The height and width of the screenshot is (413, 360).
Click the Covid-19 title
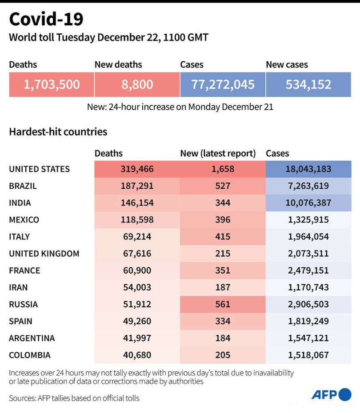[x=46, y=20]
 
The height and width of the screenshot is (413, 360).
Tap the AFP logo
[x=331, y=394]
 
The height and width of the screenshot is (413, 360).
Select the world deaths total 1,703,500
[x=52, y=84]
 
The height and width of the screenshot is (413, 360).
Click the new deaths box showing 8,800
[x=137, y=84]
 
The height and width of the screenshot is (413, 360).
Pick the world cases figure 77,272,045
[x=223, y=84]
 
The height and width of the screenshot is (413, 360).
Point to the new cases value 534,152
[x=308, y=84]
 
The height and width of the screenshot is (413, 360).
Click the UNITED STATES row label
[x=40, y=169]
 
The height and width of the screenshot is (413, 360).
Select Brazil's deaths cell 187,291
[x=137, y=186]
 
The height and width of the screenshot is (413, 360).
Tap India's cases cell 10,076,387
[x=308, y=203]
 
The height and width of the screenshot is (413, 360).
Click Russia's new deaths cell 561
[x=223, y=304]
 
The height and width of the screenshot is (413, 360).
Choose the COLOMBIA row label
[x=30, y=355]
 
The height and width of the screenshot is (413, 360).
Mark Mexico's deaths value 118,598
[x=137, y=220]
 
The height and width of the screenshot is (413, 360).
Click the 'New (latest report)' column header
[x=218, y=154]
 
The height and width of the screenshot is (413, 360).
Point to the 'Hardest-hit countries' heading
[x=58, y=132]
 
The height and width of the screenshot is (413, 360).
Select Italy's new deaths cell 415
[x=223, y=237]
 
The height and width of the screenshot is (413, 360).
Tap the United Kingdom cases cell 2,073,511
[x=308, y=254]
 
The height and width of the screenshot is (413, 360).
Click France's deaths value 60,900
[x=137, y=270]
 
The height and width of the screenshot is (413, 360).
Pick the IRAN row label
[x=19, y=287]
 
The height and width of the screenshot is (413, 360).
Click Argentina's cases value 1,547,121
[x=308, y=338]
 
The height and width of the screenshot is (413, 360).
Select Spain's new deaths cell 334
[x=223, y=321]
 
